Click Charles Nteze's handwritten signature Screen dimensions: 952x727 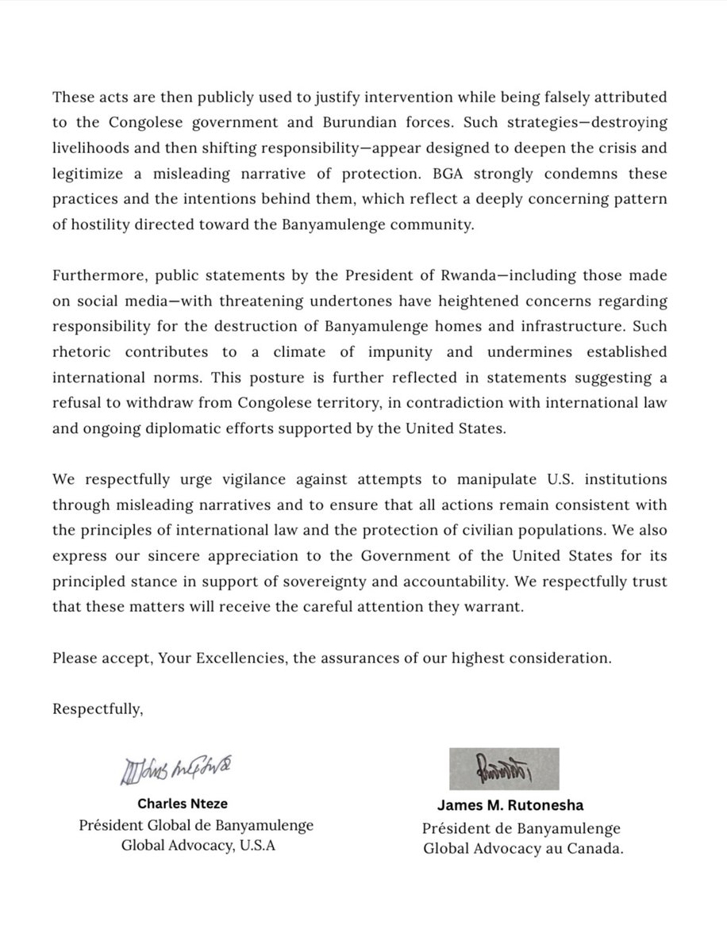pyautogui.click(x=178, y=770)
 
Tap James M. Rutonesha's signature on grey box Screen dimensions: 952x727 pyautogui.click(x=503, y=767)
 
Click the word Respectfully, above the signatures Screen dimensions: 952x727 pyautogui.click(x=98, y=708)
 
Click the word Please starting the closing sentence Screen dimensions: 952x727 pyautogui.click(x=73, y=658)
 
